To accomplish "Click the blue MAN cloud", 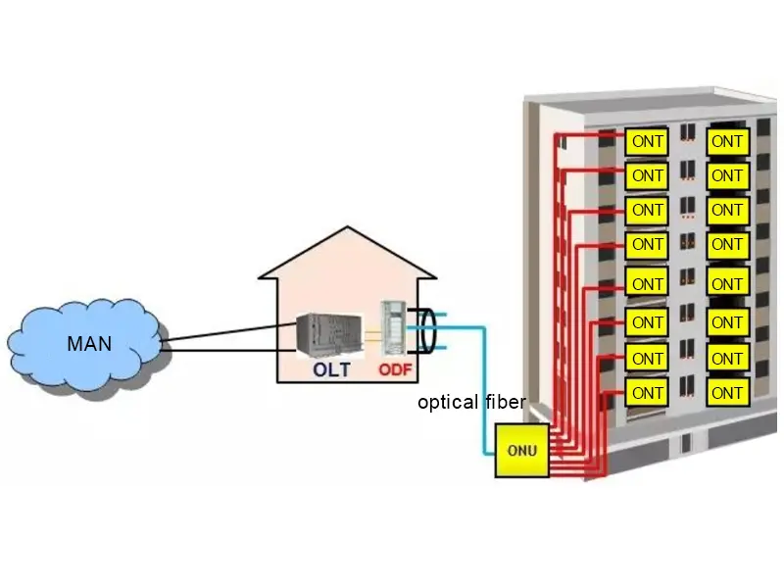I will (83, 343).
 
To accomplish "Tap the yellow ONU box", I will (520, 451).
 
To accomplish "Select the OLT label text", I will (331, 370).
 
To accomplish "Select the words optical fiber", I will (471, 402).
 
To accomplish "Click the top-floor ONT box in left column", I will (647, 141).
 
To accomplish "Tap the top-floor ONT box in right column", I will (727, 141).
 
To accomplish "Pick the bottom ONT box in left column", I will (647, 393).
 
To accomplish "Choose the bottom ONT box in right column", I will (727, 393).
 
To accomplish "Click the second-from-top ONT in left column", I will (647, 175).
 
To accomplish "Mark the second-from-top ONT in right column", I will (727, 175).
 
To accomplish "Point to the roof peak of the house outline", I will (347, 228).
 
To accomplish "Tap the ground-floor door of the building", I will (687, 443).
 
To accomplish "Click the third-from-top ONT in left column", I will (647, 210).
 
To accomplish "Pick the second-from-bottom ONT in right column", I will (727, 359).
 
